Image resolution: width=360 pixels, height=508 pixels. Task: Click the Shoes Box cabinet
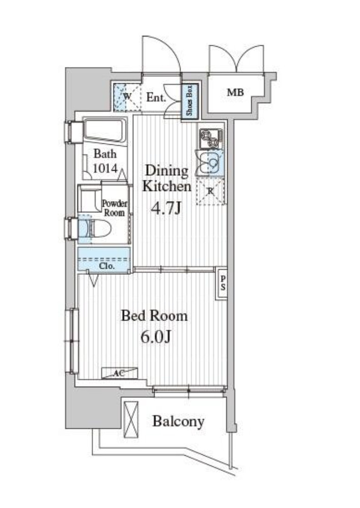click(189, 102)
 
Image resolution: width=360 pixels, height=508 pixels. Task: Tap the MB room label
click(235, 92)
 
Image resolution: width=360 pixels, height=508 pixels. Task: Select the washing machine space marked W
click(128, 97)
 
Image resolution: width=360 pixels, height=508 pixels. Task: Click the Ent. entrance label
click(156, 97)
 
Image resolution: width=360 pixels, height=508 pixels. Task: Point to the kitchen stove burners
click(211, 139)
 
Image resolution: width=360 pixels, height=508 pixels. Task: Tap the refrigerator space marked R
click(211, 192)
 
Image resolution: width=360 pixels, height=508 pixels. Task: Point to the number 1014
click(105, 168)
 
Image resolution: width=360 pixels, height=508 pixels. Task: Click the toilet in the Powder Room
click(95, 228)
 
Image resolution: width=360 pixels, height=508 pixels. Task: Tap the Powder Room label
click(114, 208)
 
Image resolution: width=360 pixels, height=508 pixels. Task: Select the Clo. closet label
click(107, 266)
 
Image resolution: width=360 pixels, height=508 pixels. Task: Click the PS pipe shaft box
click(222, 283)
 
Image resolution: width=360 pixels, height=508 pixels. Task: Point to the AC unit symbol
click(119, 373)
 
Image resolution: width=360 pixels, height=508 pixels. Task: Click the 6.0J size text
click(156, 337)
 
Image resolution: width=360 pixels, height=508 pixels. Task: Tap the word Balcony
click(178, 422)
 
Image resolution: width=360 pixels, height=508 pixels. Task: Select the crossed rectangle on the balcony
click(131, 420)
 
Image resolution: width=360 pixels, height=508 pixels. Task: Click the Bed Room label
click(155, 315)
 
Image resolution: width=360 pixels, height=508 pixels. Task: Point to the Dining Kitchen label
click(167, 178)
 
